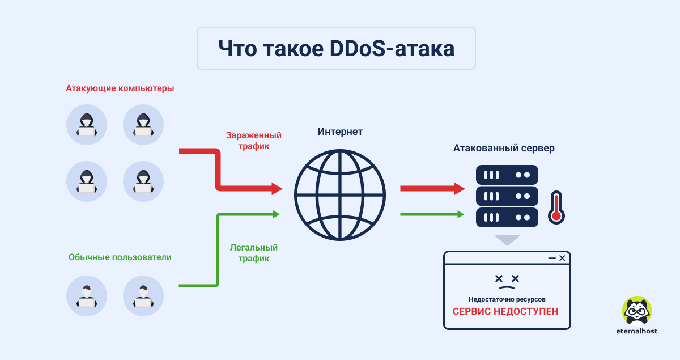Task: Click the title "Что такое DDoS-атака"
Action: (x=337, y=49)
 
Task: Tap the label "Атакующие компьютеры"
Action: (x=120, y=88)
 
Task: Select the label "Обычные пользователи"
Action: (x=120, y=257)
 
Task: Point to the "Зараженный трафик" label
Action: (x=254, y=141)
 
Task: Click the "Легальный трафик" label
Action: (x=254, y=253)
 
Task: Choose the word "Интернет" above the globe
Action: (x=340, y=132)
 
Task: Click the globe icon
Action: (x=340, y=195)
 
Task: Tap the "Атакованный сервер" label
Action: (x=504, y=148)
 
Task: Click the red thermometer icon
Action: (x=556, y=207)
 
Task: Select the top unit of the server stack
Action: (x=507, y=175)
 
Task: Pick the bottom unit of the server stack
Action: (x=507, y=218)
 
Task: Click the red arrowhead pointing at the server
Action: (x=460, y=189)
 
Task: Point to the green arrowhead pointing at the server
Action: (x=461, y=214)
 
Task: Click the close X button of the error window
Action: (x=562, y=258)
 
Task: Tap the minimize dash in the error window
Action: (x=552, y=258)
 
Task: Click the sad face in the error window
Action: (x=507, y=282)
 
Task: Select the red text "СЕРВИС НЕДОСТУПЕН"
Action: (x=505, y=311)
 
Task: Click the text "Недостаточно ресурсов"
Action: (x=507, y=299)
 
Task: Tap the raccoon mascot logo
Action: (x=637, y=311)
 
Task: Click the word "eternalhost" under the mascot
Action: (x=637, y=331)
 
